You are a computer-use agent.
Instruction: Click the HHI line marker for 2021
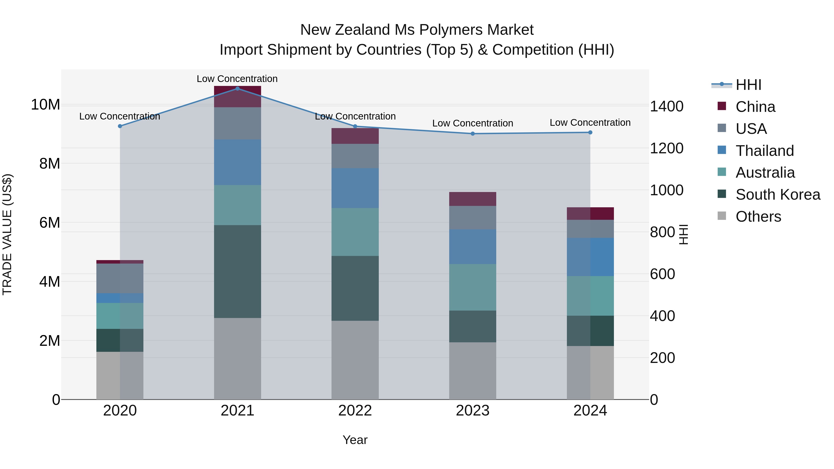237,88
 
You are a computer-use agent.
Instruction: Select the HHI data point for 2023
472,134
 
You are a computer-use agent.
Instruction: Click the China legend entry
755,107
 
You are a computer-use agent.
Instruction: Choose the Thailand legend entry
764,151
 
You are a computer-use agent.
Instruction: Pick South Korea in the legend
778,195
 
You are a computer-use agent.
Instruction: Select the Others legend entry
758,217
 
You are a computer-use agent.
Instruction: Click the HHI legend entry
748,85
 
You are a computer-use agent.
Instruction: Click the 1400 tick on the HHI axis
667,107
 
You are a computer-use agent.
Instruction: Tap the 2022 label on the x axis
355,411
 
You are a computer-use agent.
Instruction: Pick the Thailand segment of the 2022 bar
355,188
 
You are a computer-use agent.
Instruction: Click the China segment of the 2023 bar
472,199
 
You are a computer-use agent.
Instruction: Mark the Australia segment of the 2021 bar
237,205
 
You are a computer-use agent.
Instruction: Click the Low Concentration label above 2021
237,79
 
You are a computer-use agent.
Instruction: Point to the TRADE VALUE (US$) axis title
7,234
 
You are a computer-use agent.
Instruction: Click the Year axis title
355,440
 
